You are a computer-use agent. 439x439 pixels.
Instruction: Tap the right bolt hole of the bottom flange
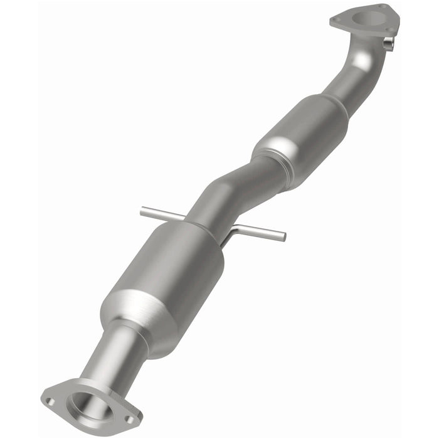[x=129, y=419]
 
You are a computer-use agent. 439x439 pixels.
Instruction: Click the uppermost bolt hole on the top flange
[x=381, y=8]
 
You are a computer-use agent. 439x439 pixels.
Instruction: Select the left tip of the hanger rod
[x=143, y=211]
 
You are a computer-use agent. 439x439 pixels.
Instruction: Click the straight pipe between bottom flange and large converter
[x=107, y=357]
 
